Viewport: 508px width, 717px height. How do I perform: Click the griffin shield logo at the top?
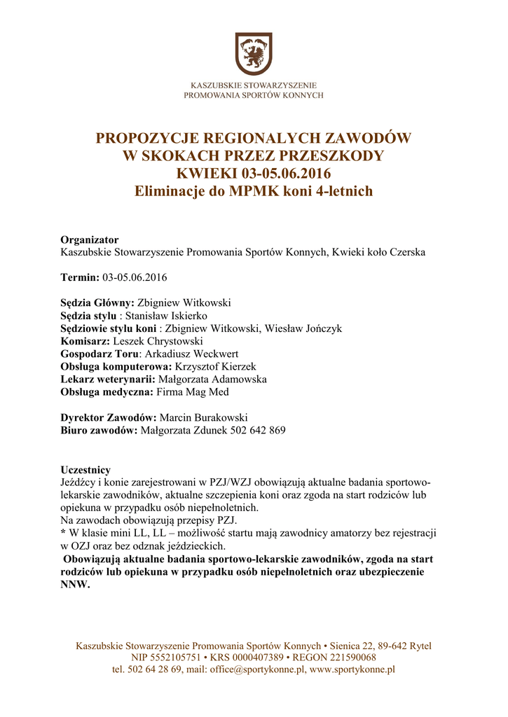pyautogui.click(x=253, y=53)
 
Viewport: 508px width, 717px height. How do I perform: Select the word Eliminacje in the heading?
pyautogui.click(x=170, y=190)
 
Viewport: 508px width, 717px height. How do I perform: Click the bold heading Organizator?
pyautogui.click(x=90, y=240)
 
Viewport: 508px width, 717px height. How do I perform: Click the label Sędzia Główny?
pyautogui.click(x=97, y=303)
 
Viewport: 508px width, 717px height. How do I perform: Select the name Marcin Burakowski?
pyautogui.click(x=203, y=417)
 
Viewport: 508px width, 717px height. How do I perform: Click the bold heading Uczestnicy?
pyautogui.click(x=85, y=470)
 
